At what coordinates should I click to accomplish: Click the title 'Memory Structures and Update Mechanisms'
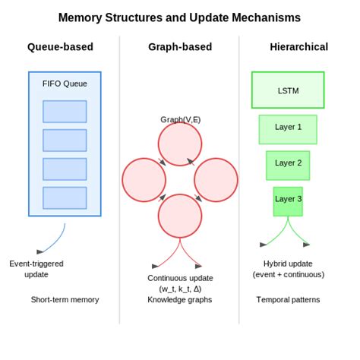pos(180,17)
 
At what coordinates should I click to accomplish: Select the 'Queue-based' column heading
pos(60,47)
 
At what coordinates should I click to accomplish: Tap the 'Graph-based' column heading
pos(180,47)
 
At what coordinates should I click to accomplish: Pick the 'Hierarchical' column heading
pos(298,47)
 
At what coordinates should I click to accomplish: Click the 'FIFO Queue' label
pos(65,84)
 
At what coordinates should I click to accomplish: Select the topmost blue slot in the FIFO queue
pos(65,112)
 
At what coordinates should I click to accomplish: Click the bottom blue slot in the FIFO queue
pos(65,198)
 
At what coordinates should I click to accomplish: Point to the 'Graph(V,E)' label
pos(180,119)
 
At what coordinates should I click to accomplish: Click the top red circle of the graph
pos(180,144)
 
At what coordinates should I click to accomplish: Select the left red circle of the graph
pos(144,180)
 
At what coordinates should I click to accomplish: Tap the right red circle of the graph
pos(216,180)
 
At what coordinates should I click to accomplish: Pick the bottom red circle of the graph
pos(180,216)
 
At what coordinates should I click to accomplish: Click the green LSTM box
pos(288,90)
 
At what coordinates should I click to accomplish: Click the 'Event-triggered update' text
pos(36,269)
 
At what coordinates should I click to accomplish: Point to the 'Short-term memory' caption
pos(65,299)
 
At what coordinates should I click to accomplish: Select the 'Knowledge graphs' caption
pos(180,299)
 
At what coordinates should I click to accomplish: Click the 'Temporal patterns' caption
pos(288,299)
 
